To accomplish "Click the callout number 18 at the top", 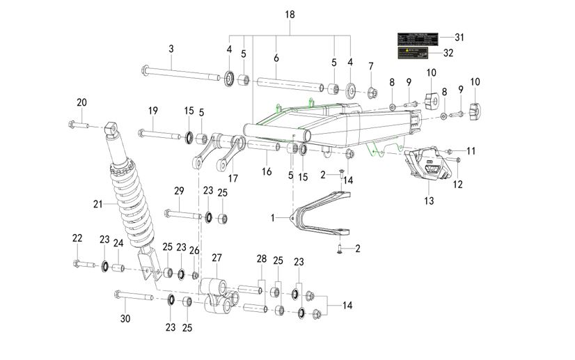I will click(x=290, y=15).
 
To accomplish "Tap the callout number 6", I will click(x=276, y=58).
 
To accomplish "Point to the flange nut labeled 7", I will click(x=372, y=91).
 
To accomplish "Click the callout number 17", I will click(x=233, y=178).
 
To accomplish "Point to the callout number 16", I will click(x=266, y=171).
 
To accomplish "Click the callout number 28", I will click(x=262, y=259).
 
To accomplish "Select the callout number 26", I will click(x=194, y=250).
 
